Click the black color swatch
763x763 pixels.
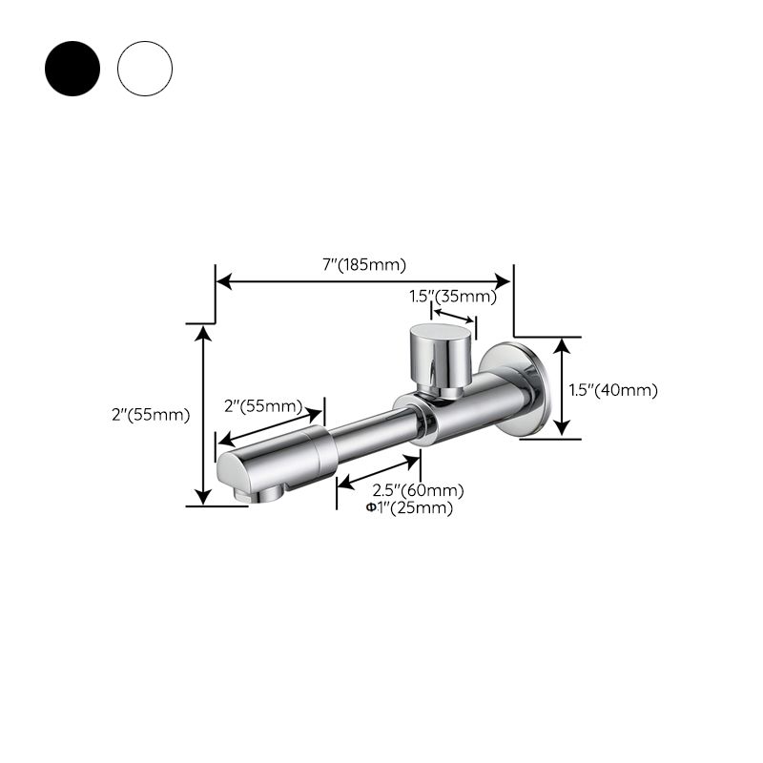point(72,68)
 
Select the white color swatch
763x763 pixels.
point(145,68)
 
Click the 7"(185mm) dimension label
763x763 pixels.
point(364,264)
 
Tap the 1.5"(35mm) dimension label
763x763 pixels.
point(453,297)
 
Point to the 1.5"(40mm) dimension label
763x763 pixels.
point(613,389)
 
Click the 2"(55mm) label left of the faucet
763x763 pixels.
point(151,414)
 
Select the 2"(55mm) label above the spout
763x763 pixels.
point(261,406)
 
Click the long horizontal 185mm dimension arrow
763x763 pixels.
point(364,281)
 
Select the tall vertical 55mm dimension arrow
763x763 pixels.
point(202,414)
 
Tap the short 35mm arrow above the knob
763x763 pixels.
point(454,314)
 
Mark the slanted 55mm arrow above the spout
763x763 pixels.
point(270,424)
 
